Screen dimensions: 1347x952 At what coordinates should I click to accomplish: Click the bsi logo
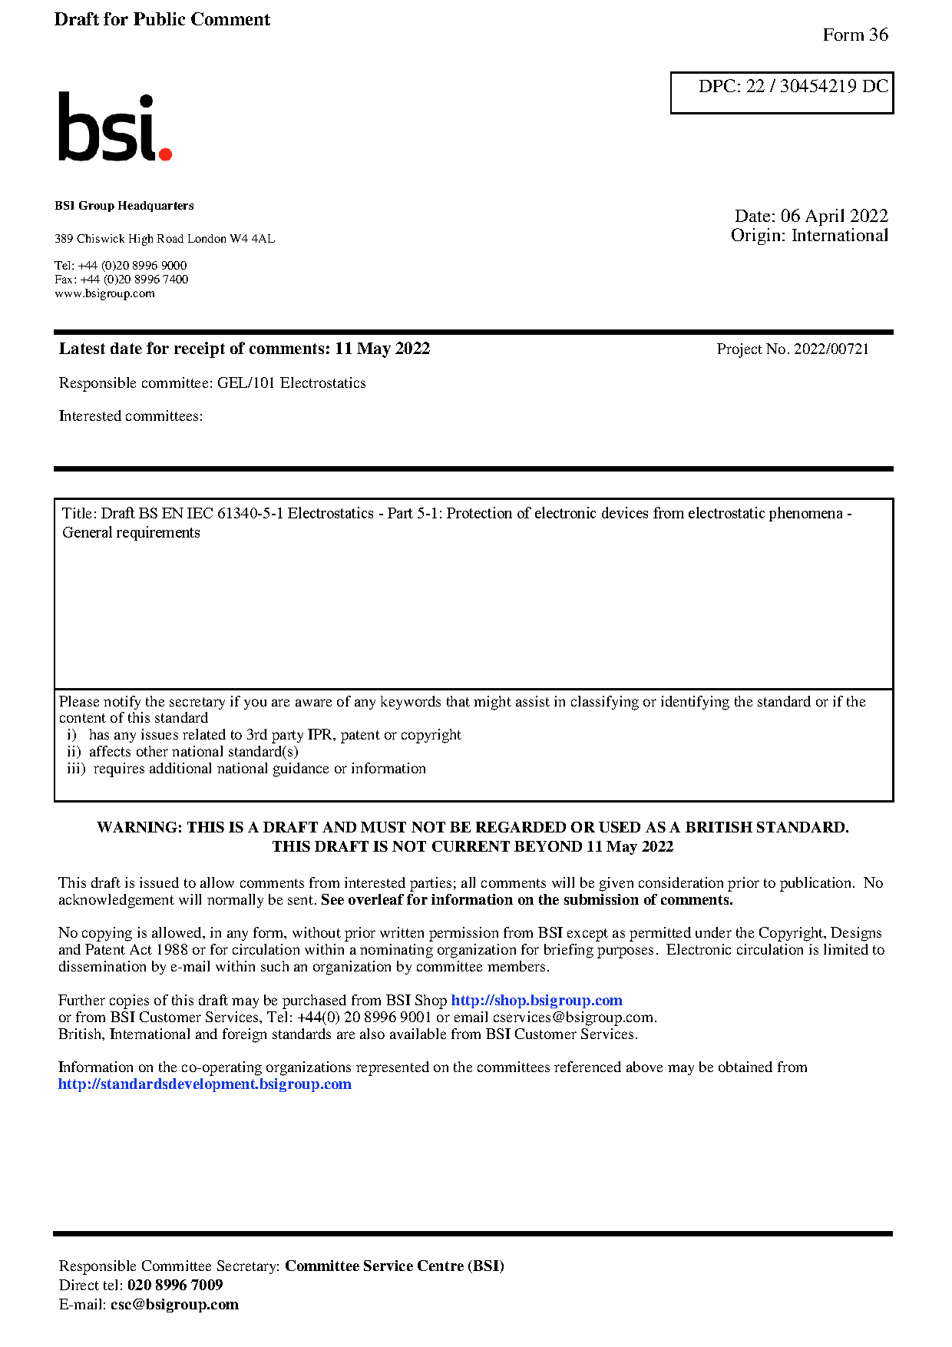click(x=114, y=127)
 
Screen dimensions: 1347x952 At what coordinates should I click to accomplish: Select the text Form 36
click(x=854, y=35)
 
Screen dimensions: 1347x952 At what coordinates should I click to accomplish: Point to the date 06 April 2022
click(x=834, y=216)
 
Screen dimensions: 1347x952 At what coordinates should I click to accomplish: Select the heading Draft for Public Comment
click(x=162, y=19)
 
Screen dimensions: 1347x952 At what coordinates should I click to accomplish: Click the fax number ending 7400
click(x=134, y=280)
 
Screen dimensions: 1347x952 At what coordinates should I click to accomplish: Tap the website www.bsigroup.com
click(x=104, y=293)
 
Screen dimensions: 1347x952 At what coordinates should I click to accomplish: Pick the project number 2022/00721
click(x=831, y=349)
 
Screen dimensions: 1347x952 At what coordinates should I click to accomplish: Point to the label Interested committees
click(x=131, y=416)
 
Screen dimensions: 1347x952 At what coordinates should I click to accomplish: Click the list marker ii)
click(x=74, y=752)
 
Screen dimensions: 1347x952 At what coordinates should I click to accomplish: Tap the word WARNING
click(x=139, y=828)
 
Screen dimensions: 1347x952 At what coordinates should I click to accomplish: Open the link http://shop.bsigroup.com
click(x=536, y=1001)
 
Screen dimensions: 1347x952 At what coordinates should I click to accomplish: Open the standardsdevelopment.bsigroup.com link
click(x=204, y=1084)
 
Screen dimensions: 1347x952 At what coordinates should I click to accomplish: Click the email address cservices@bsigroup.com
click(x=574, y=1018)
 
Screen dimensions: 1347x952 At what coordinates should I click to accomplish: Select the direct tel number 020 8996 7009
click(x=175, y=1286)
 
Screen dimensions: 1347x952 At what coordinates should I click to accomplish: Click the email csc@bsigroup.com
click(x=174, y=1305)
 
